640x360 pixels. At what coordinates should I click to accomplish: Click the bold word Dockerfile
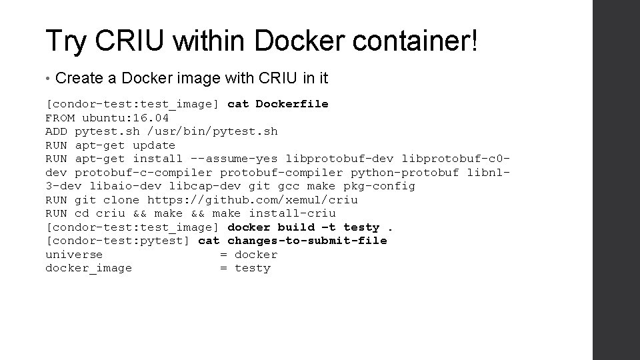click(x=292, y=104)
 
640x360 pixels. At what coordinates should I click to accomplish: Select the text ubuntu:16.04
click(x=126, y=118)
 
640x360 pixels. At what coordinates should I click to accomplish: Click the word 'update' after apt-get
click(x=154, y=145)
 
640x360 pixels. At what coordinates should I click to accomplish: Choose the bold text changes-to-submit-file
click(x=307, y=241)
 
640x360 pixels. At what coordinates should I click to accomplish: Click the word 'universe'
click(x=74, y=255)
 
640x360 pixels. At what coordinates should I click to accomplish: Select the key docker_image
click(x=89, y=268)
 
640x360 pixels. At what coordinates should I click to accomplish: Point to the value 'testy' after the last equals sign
click(x=253, y=268)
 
